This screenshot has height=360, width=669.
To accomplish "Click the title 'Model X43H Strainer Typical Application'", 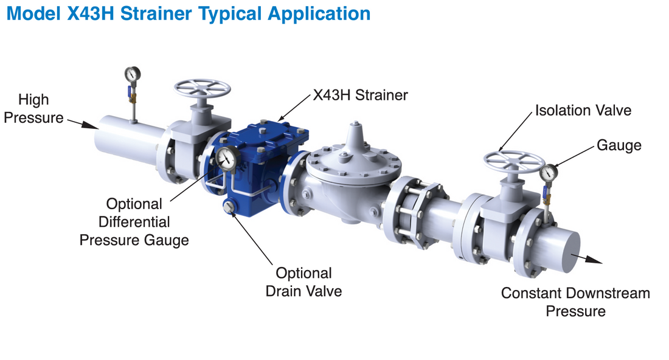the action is click(188, 13).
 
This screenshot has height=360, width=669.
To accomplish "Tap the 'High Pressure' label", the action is click(33, 108).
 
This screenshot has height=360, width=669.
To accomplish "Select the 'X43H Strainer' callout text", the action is click(360, 95).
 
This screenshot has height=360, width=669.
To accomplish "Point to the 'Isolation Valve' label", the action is click(583, 110).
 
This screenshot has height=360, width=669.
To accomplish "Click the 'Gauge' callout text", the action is click(619, 145).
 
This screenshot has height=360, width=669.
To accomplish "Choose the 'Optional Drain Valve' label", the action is click(303, 282).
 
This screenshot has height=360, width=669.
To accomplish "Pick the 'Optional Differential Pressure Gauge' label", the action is click(134, 222).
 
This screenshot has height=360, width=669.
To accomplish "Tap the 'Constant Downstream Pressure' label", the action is click(575, 302).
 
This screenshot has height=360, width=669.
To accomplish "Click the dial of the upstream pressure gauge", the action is click(132, 74).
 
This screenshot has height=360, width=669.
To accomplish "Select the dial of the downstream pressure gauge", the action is click(549, 173).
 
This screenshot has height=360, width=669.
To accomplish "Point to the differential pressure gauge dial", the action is click(226, 158).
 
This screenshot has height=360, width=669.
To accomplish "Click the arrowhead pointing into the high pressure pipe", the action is click(91, 125).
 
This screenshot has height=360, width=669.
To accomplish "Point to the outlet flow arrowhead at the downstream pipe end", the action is click(594, 259).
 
